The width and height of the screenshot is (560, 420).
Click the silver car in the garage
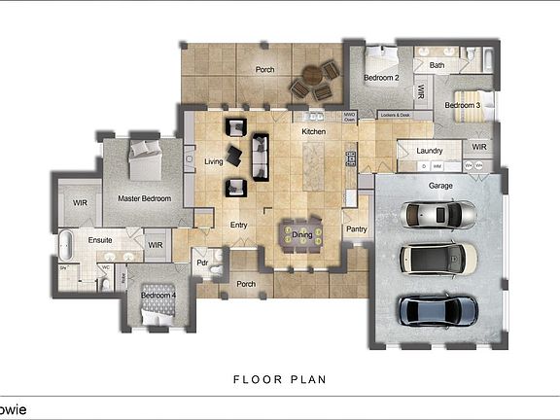438,214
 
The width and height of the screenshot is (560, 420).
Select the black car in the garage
437,311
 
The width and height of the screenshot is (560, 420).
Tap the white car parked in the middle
438,259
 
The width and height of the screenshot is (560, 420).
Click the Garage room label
441,184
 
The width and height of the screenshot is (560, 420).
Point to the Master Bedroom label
144,198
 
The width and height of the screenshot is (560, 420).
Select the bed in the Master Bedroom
146,159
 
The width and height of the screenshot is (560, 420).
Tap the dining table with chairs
301,234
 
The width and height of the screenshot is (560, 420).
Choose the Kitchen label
313,130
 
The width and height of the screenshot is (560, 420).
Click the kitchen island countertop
314,165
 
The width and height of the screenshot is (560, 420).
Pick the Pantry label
356,228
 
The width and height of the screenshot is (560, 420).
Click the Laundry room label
429,151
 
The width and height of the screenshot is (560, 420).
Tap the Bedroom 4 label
157,295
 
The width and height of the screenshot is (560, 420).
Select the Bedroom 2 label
382,76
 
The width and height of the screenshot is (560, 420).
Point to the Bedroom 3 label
463,104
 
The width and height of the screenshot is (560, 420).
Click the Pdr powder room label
202,262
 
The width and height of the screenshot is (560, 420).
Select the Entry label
238,225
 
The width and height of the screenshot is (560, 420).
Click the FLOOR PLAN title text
279,379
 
